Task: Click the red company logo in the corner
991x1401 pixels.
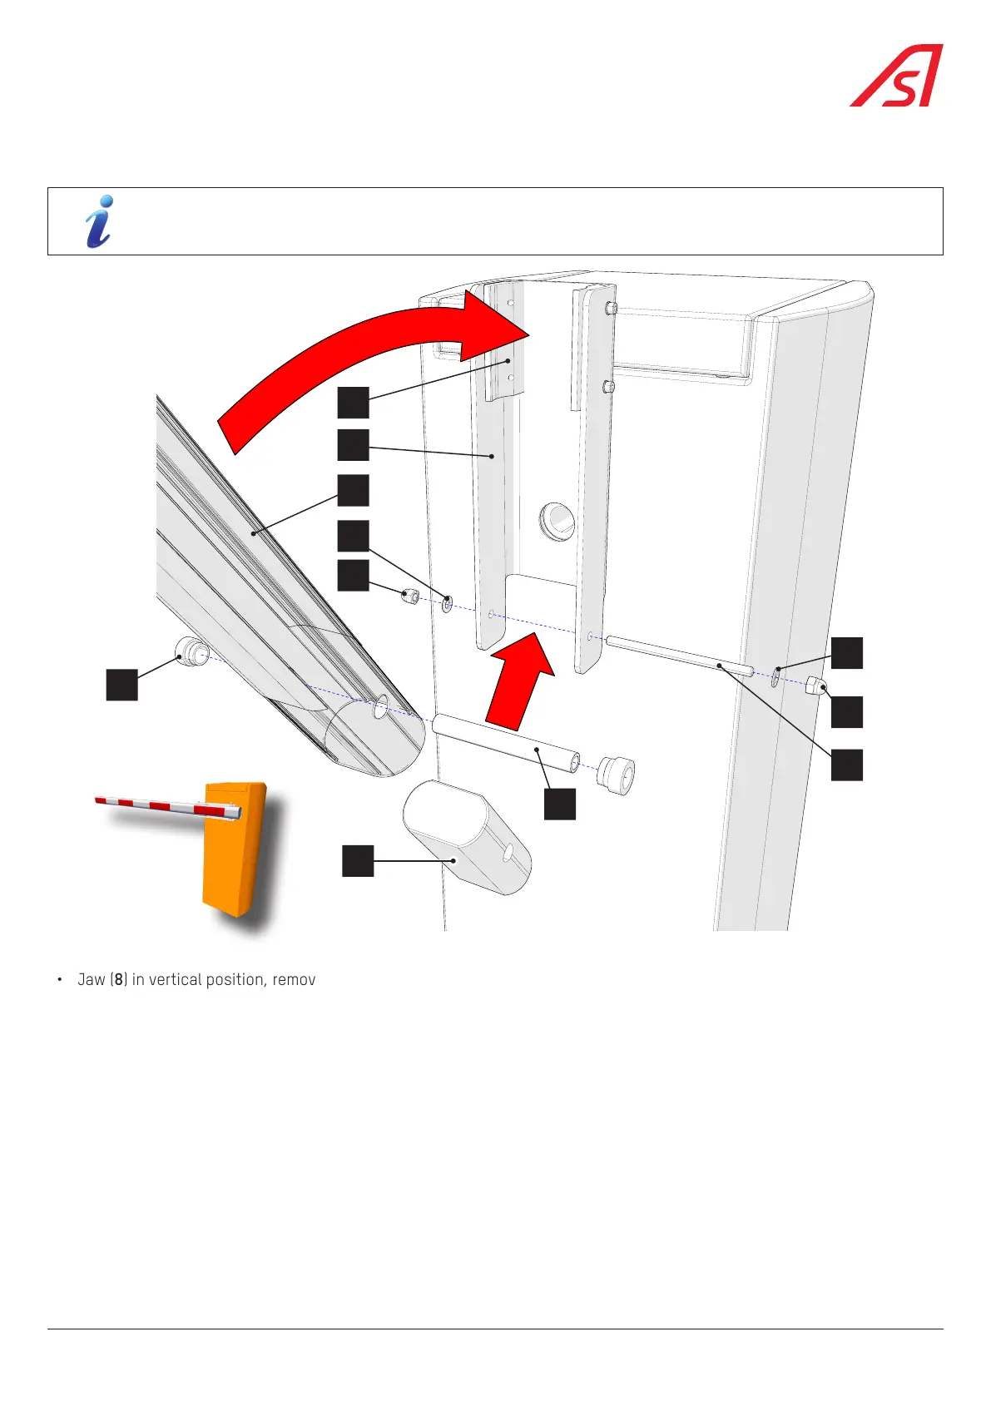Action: [x=897, y=76]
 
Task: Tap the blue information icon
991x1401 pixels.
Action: [x=99, y=221]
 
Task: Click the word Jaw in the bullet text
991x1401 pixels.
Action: [x=92, y=980]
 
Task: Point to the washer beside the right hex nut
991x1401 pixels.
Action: [x=775, y=676]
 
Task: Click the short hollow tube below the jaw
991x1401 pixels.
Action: [x=506, y=741]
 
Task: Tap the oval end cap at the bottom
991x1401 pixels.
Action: [x=466, y=836]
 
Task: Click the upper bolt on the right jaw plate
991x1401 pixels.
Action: [x=612, y=309]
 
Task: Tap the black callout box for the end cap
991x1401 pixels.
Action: [x=359, y=860]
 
